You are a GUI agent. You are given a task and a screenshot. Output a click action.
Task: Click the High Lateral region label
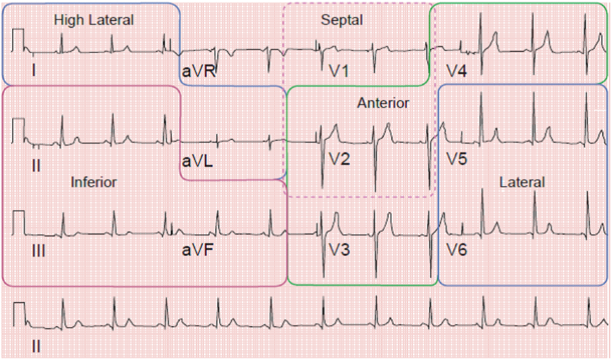(x=94, y=20)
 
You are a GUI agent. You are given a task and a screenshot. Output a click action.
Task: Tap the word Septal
(x=342, y=20)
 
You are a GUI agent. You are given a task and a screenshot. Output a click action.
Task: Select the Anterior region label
(x=383, y=103)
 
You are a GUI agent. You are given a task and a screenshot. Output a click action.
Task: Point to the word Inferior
(x=94, y=182)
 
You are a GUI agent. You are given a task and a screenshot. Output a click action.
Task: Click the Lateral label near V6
(x=522, y=182)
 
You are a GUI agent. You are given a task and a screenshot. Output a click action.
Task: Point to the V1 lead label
(x=340, y=71)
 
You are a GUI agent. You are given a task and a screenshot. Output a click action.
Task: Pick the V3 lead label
(x=340, y=251)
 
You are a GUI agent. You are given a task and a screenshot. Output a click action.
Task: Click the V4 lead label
(x=457, y=71)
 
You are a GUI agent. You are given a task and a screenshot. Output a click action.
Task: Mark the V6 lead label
(x=457, y=251)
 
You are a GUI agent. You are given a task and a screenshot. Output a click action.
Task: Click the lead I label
(x=33, y=69)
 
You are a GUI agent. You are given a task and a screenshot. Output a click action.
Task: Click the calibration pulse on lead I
(x=18, y=39)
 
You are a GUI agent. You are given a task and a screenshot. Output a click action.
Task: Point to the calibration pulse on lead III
(x=18, y=222)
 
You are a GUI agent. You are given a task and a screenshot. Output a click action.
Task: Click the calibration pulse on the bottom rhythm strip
(x=18, y=314)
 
